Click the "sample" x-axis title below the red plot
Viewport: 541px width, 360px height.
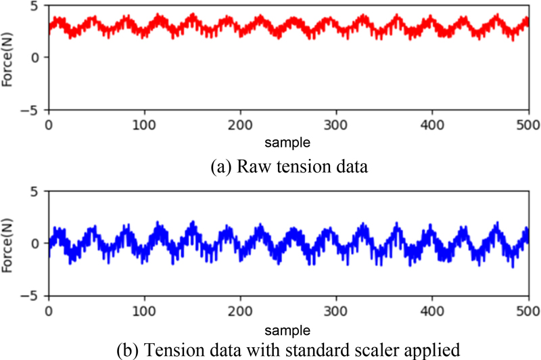[289, 143]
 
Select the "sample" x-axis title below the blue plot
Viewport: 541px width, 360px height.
[289, 330]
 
